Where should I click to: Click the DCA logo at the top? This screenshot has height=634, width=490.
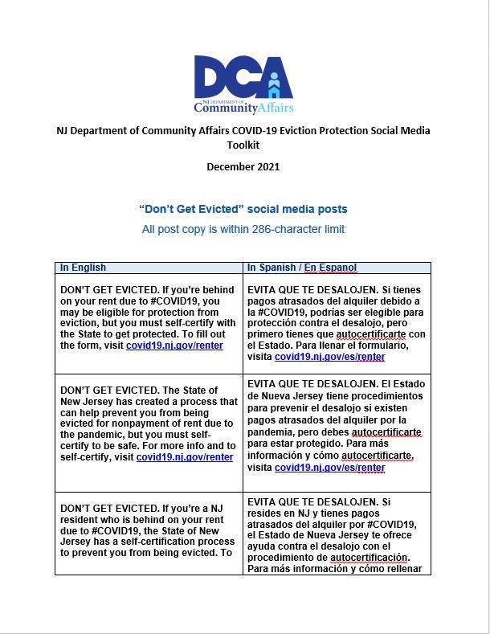tap(243, 83)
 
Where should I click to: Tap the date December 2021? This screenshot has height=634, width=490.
tap(243, 166)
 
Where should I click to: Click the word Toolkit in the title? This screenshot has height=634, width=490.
tap(243, 145)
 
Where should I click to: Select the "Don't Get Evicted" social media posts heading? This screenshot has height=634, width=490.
tap(243, 209)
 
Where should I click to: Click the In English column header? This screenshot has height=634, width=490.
tap(84, 268)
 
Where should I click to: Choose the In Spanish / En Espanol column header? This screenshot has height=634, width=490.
tap(302, 268)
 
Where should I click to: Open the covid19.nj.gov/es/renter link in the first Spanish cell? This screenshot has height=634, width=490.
tap(329, 357)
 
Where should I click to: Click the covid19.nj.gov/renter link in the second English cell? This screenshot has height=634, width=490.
tap(185, 457)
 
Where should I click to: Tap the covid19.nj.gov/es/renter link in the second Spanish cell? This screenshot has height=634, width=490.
tap(329, 468)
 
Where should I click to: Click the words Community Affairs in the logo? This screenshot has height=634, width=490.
tap(243, 107)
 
